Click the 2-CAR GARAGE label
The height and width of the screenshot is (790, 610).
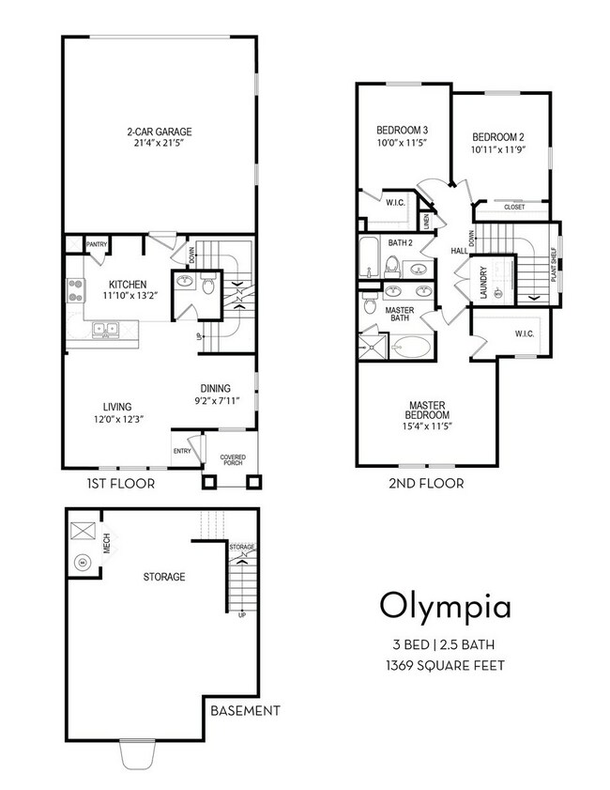159,132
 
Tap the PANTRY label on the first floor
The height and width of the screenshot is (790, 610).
97,244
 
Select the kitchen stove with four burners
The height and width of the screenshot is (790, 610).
75,290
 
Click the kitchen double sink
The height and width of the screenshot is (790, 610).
106,330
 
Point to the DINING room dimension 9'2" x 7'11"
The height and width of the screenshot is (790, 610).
217,401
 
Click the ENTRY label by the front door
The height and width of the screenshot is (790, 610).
182,451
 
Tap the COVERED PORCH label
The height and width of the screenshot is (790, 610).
233,460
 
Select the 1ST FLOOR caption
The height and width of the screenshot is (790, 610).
121,484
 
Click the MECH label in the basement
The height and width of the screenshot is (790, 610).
107,543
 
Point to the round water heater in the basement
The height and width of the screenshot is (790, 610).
82,563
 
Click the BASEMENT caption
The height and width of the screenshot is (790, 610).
245,711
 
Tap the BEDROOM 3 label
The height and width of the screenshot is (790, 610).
403,131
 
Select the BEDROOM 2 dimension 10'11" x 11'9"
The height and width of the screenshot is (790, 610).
498,149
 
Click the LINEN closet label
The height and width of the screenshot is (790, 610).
427,221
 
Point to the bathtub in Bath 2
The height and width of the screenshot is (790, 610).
370,257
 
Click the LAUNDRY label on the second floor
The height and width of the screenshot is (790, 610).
483,283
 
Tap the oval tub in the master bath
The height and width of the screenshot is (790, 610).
411,348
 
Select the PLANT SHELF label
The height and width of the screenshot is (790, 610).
554,264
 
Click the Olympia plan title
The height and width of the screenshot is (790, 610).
446,607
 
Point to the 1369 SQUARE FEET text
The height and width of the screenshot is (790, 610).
445,666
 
